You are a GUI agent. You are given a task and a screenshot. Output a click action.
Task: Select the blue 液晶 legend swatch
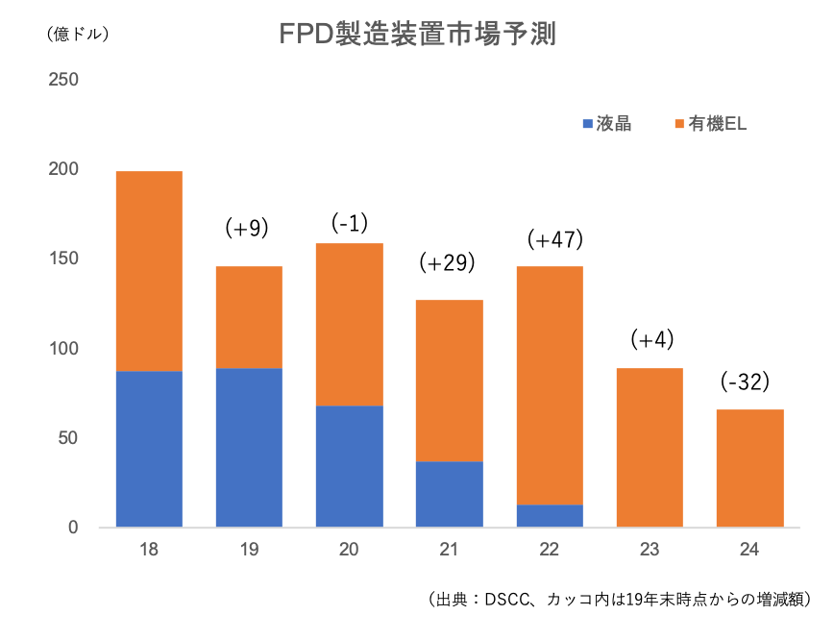click(x=588, y=125)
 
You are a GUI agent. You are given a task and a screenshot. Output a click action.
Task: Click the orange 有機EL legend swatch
click(x=678, y=125)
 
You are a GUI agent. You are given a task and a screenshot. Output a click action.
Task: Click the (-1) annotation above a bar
click(x=350, y=224)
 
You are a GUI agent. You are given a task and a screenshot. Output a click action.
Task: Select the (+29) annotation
click(x=448, y=262)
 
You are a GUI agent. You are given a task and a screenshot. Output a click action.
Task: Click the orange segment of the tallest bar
click(x=149, y=271)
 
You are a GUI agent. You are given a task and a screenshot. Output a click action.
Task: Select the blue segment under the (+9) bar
click(x=248, y=447)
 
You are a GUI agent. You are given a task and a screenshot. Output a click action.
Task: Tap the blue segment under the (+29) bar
click(x=449, y=493)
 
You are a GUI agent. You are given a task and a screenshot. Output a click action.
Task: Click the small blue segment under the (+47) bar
click(x=550, y=515)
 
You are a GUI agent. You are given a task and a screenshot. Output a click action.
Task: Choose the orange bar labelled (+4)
click(x=650, y=447)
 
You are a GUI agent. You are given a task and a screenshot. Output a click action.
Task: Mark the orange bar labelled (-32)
click(x=749, y=468)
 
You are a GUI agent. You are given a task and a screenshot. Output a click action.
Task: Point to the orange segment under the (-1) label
click(x=349, y=324)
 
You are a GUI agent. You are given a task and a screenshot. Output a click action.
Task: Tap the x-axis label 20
click(x=349, y=551)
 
